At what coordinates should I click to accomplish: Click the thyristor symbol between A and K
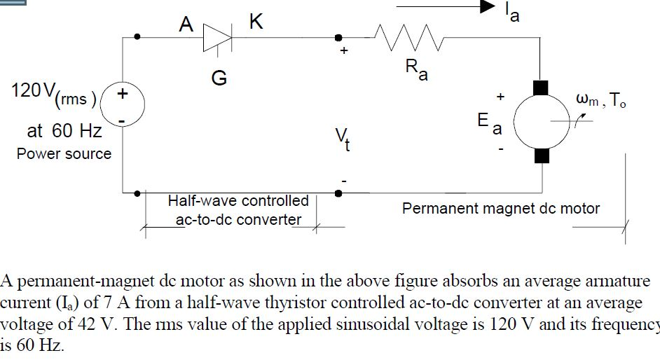(x=216, y=37)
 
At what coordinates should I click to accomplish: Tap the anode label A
(x=186, y=25)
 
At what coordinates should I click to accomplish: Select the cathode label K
(x=256, y=23)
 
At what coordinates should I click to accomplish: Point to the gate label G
(x=219, y=78)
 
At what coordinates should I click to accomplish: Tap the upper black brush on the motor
(x=542, y=88)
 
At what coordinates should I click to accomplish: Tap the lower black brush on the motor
(x=542, y=155)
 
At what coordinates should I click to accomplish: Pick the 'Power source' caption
(x=64, y=153)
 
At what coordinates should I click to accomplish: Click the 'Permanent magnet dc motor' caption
(x=500, y=208)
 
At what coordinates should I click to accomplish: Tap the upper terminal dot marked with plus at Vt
(x=339, y=36)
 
